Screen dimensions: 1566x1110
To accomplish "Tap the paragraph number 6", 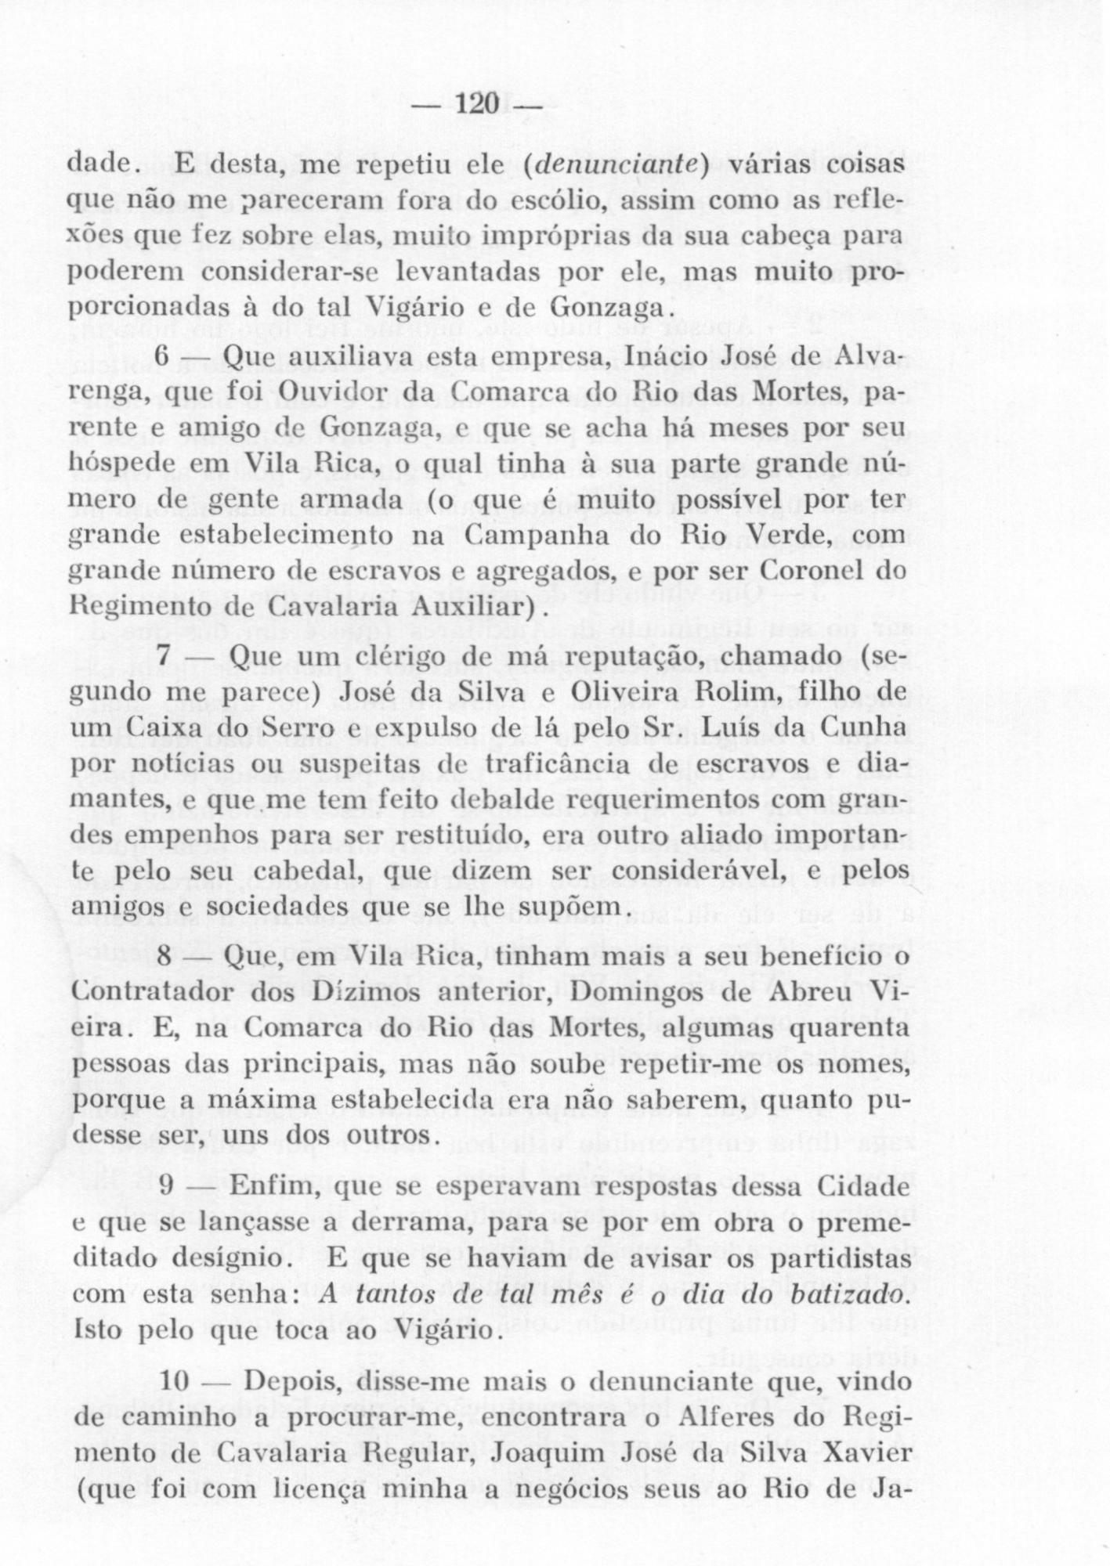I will [163, 356].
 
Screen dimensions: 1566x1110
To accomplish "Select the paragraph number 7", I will [164, 656].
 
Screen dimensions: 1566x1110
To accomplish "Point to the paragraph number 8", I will [163, 956].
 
